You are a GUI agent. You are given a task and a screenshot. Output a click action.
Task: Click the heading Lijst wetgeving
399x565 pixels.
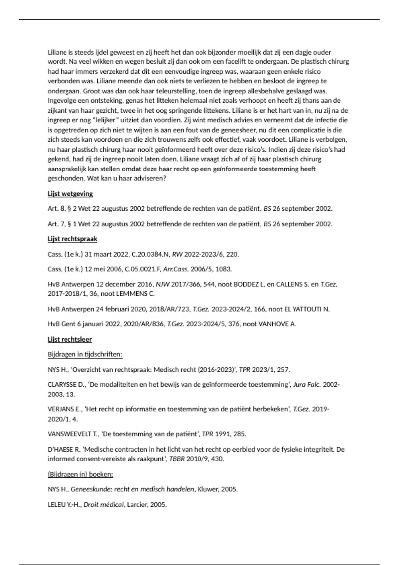[70, 194]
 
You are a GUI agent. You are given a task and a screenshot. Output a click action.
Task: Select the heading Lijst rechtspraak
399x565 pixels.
[72, 239]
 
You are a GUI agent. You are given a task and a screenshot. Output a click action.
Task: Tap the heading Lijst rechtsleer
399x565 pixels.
[69, 339]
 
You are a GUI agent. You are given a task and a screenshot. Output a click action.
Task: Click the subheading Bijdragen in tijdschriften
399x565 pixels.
[85, 354]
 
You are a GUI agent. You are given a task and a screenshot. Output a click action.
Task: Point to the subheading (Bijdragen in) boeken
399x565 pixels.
[80, 474]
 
